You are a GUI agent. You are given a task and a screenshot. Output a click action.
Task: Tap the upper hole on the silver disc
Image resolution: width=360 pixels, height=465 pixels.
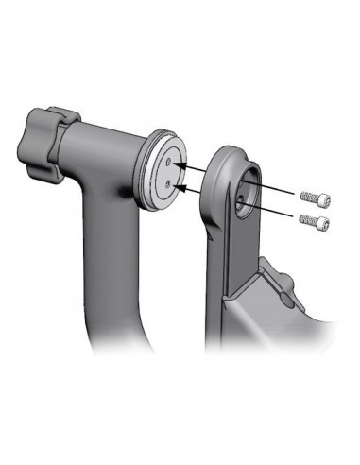point(169,162)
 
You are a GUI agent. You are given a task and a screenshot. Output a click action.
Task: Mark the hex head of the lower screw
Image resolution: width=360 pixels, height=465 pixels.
point(323,222)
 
